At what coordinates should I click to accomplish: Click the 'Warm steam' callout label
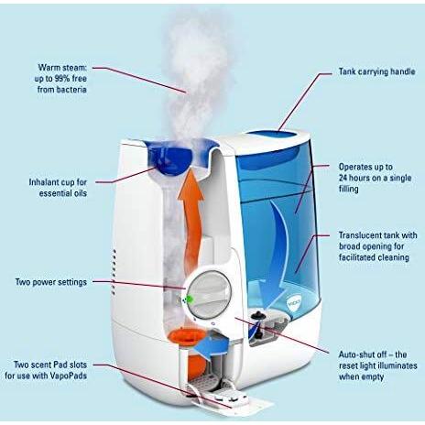pos(60,78)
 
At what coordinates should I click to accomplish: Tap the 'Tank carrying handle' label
pos(377,71)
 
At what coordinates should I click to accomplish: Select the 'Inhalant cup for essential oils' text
pos(58,188)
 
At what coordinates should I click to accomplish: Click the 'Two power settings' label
pos(51,282)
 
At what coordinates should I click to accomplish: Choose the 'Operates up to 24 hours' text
pos(375,178)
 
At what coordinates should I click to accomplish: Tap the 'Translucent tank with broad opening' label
pos(378,246)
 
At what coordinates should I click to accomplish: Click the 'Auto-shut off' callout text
pos(378,365)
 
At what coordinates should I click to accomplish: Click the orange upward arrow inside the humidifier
pos(191,220)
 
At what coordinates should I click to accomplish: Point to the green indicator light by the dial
pos(191,299)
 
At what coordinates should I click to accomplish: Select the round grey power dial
pos(209,294)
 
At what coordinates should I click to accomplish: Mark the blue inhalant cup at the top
pos(170,158)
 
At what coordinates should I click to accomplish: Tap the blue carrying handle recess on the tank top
pos(272,135)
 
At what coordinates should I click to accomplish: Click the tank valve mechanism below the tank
pos(265,327)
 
